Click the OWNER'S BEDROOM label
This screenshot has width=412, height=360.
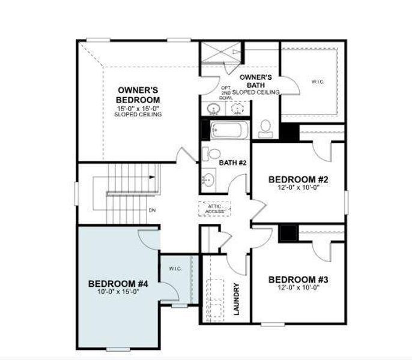[x=138, y=95]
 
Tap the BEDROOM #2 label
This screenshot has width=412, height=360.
[x=297, y=179]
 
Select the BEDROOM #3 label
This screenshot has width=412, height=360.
[x=297, y=280]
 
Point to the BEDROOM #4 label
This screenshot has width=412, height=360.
[x=118, y=283]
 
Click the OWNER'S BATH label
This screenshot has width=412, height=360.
[x=255, y=81]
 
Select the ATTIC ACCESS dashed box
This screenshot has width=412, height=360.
[x=214, y=208]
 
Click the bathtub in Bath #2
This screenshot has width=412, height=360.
[x=229, y=129]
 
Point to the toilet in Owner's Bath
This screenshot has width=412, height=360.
[x=264, y=127]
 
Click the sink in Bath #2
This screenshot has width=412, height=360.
[x=209, y=178]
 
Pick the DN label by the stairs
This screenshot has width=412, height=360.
[x=152, y=211]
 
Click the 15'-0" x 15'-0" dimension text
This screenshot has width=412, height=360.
[x=138, y=108]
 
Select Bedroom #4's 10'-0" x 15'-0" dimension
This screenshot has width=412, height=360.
[x=118, y=292]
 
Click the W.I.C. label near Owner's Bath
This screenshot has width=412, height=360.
[x=317, y=81]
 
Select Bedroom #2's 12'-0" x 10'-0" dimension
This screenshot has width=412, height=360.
[x=297, y=187]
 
